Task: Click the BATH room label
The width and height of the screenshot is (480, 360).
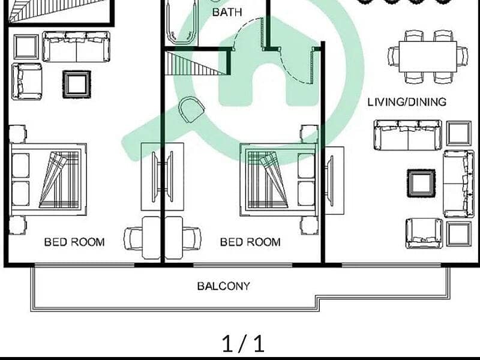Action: [227, 12]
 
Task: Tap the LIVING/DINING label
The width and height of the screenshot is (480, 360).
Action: [407, 102]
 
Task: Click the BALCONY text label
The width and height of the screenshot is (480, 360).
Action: [223, 286]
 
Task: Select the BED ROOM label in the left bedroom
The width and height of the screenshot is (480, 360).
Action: [74, 242]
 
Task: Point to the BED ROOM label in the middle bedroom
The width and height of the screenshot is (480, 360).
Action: [250, 242]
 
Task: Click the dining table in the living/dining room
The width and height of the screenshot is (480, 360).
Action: [428, 56]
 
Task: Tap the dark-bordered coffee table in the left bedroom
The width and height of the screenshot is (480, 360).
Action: [77, 85]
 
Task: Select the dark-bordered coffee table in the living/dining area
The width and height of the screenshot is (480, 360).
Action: [421, 183]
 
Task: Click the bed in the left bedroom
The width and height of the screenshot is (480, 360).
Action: [49, 179]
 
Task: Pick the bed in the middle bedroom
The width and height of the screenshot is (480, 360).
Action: [278, 179]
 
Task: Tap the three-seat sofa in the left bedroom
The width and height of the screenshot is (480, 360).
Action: [76, 47]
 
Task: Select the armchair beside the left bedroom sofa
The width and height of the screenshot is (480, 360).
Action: [26, 82]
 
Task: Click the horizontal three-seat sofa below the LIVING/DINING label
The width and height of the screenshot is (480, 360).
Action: [407, 135]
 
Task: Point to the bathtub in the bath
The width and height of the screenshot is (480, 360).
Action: [182, 22]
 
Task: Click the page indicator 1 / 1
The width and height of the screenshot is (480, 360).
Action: [243, 343]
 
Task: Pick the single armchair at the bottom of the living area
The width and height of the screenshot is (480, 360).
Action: [424, 233]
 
